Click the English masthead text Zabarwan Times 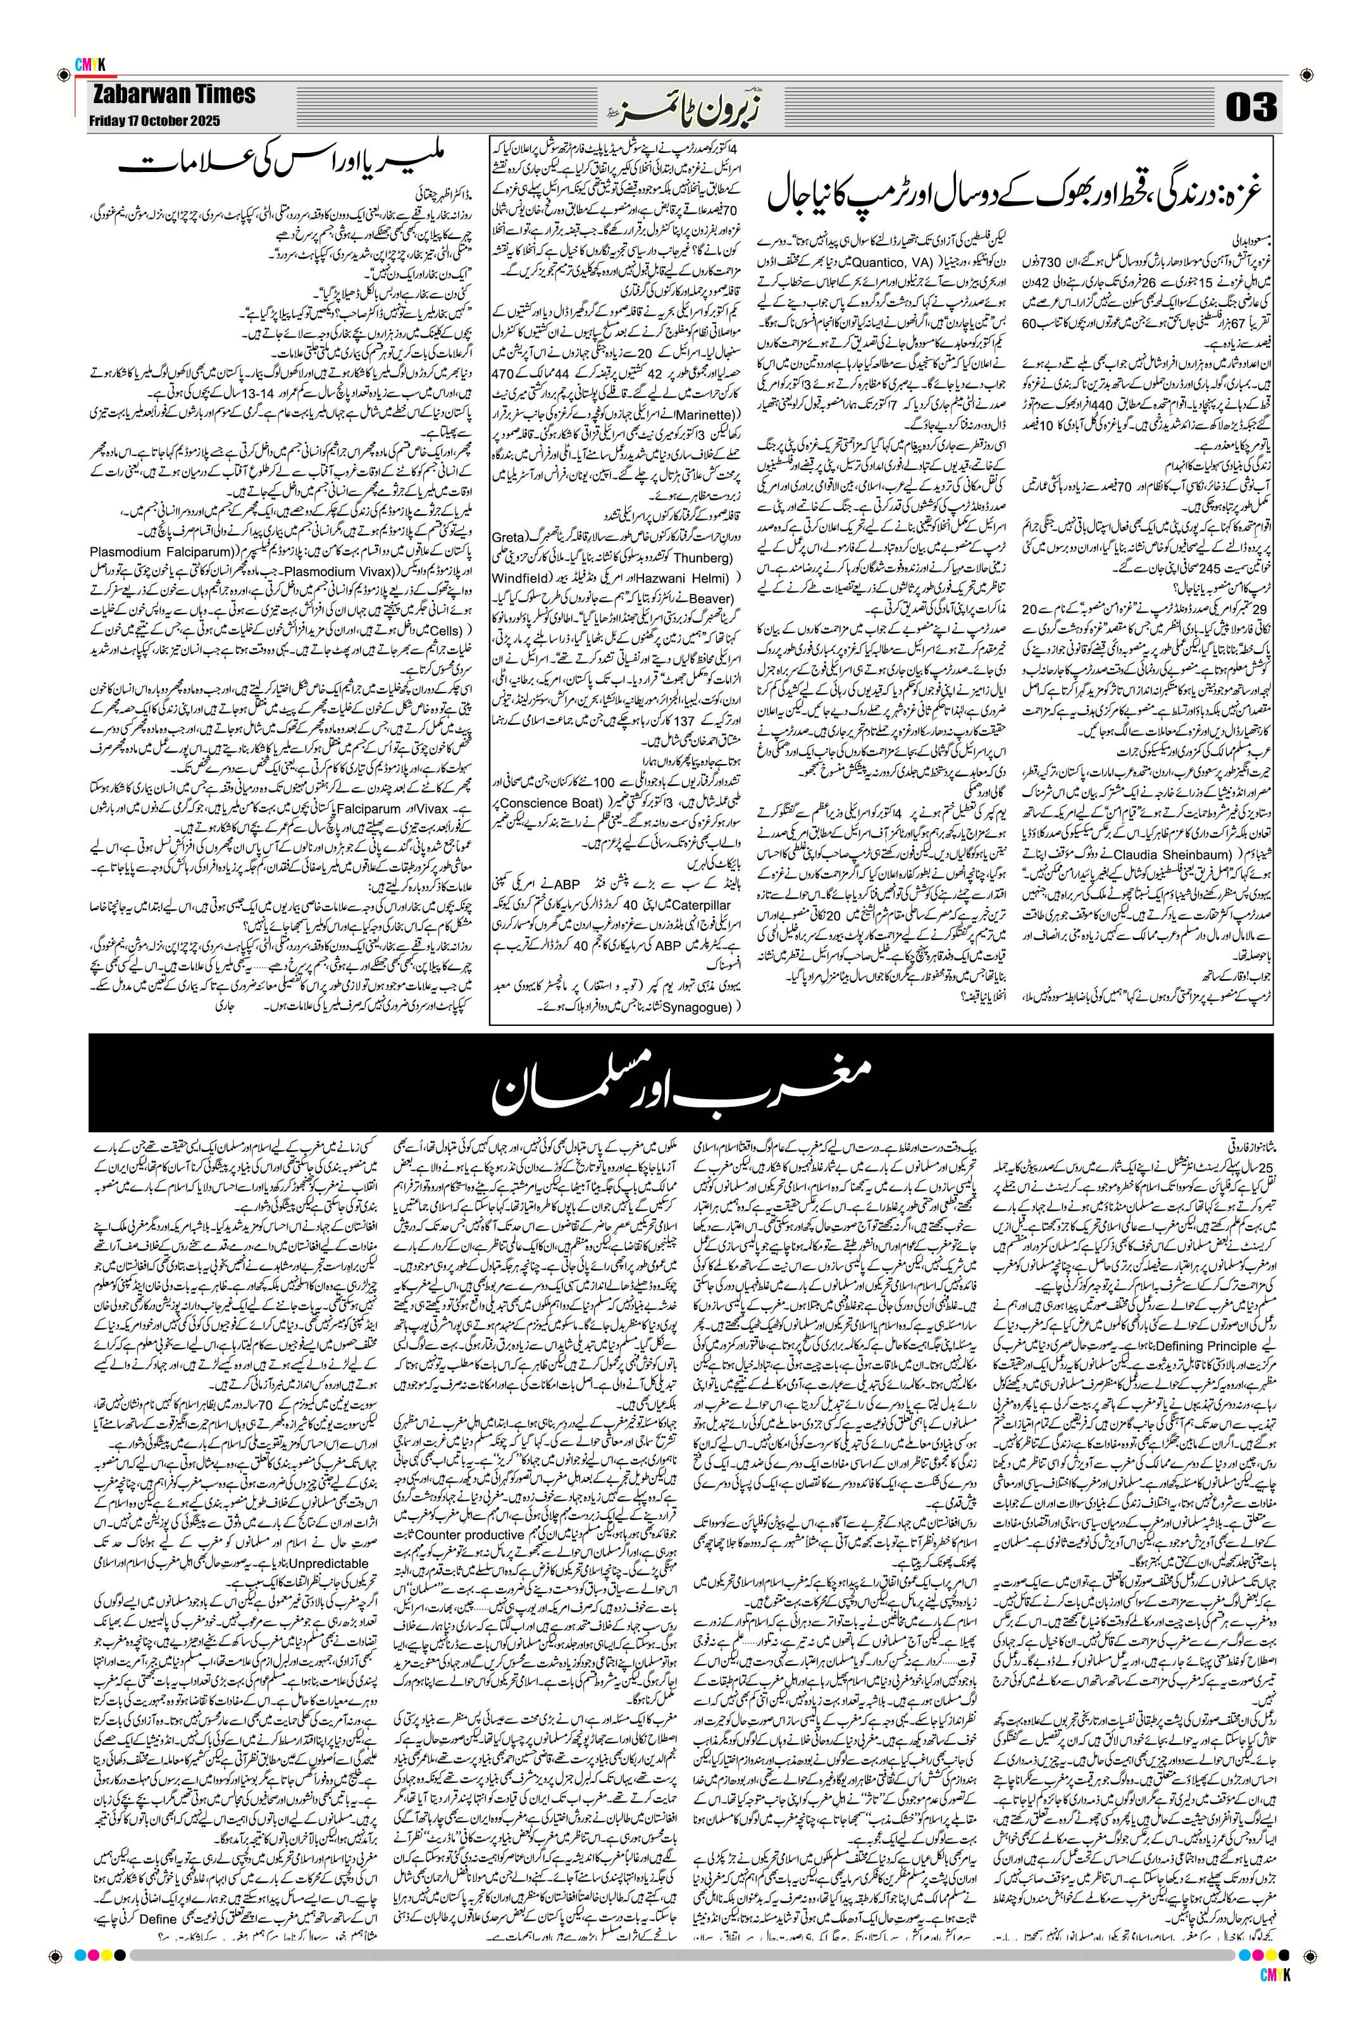(172, 95)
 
